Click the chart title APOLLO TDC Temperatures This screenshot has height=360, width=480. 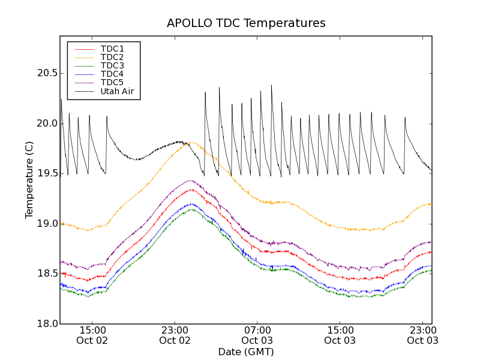(x=246, y=23)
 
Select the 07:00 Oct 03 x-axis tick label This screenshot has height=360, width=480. (x=257, y=335)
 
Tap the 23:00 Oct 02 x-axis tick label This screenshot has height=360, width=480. (x=175, y=335)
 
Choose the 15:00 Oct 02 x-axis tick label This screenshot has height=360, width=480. (x=92, y=335)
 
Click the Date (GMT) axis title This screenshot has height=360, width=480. (x=245, y=352)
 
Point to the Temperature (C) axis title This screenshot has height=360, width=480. (x=29, y=180)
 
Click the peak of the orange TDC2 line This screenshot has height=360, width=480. (x=191, y=143)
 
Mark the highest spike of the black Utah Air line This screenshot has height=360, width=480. (x=271, y=85)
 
